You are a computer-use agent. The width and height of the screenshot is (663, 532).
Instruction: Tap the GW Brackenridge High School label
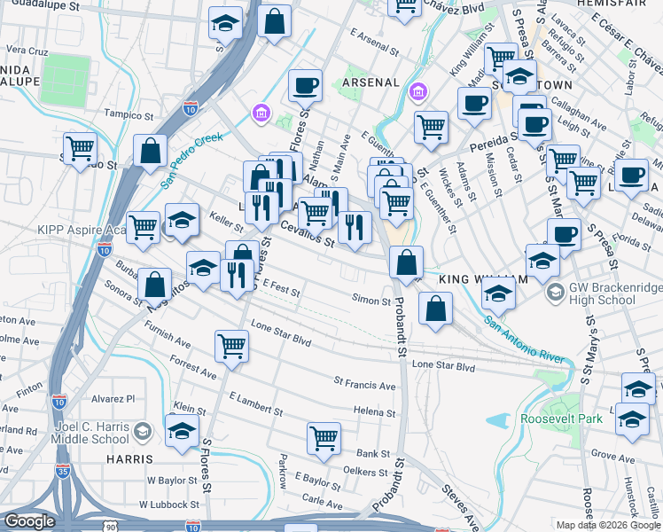click(x=602, y=293)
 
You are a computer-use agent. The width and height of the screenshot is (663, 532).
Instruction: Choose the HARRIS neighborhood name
click(x=129, y=459)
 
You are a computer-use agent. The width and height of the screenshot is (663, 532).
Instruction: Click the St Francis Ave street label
click(x=364, y=386)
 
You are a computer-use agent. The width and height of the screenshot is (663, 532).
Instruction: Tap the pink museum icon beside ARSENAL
click(x=417, y=92)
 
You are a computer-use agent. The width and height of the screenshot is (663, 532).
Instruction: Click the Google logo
click(x=30, y=521)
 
